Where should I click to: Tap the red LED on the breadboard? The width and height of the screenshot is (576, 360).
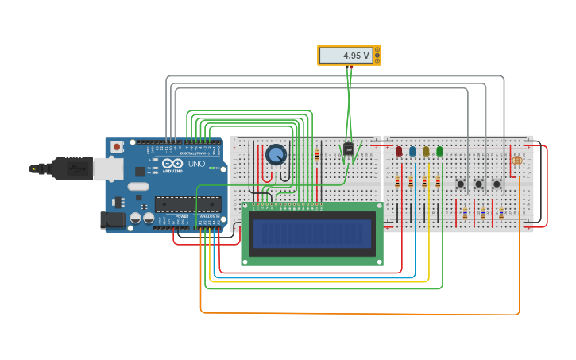pyautogui.click(x=399, y=151)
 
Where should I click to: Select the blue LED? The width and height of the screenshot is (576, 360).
pyautogui.click(x=412, y=151)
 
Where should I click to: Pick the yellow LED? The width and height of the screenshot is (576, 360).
pyautogui.click(x=426, y=151)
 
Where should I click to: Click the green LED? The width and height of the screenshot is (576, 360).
pyautogui.click(x=439, y=151)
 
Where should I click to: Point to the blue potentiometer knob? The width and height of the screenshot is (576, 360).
pyautogui.click(x=276, y=154)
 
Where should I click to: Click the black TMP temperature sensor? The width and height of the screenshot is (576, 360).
pyautogui.click(x=348, y=149)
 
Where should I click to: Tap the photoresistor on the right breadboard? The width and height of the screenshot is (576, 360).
pyautogui.click(x=517, y=161)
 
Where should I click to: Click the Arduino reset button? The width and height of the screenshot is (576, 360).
pyautogui.click(x=117, y=146)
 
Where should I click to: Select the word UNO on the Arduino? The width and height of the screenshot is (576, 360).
pyautogui.click(x=196, y=164)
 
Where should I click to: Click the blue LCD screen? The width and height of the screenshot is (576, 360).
pyautogui.click(x=312, y=234)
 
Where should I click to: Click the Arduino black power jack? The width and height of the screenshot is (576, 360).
pyautogui.click(x=112, y=219)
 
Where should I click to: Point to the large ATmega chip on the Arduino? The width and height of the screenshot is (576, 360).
pyautogui.click(x=187, y=204)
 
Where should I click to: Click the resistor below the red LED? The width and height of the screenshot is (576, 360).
pyautogui.click(x=397, y=182)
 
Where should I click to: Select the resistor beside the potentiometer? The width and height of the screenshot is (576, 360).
pyautogui.click(x=316, y=155)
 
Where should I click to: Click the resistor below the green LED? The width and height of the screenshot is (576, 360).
pyautogui.click(x=438, y=182)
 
